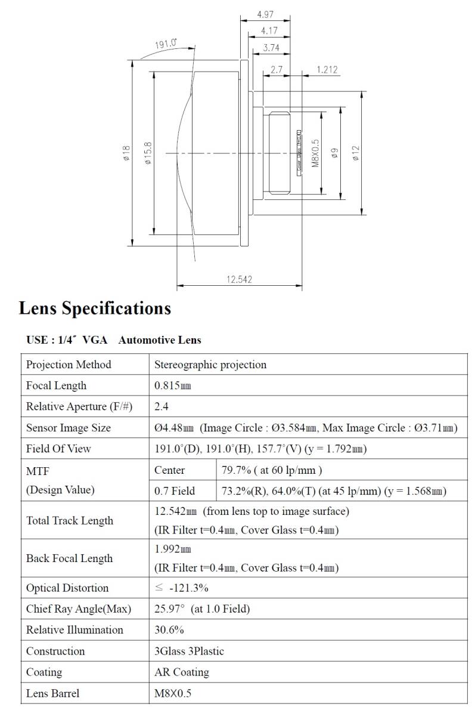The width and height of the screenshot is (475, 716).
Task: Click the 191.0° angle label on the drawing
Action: click(166, 44)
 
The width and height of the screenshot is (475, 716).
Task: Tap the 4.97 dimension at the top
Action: click(266, 14)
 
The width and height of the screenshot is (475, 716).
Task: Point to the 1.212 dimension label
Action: click(327, 70)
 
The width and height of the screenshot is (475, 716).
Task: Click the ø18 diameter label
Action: click(126, 153)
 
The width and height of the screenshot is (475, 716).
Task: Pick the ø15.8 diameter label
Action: click(148, 153)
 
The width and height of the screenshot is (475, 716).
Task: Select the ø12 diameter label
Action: click(356, 153)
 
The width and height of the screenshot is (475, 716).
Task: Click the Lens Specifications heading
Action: click(95, 308)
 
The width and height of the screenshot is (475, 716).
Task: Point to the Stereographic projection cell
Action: click(210, 365)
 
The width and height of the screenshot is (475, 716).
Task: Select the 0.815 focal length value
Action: click(173, 386)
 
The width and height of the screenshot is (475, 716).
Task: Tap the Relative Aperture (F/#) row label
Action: click(79, 407)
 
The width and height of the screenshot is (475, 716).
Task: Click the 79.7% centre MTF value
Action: click(272, 470)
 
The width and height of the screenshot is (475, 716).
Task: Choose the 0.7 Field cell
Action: click(175, 491)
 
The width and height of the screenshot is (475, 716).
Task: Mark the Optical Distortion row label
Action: click(67, 588)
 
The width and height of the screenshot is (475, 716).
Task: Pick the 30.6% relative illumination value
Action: click(169, 630)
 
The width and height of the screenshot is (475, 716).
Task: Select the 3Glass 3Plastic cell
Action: click(189, 651)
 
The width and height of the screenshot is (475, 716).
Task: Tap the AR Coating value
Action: click(182, 672)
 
